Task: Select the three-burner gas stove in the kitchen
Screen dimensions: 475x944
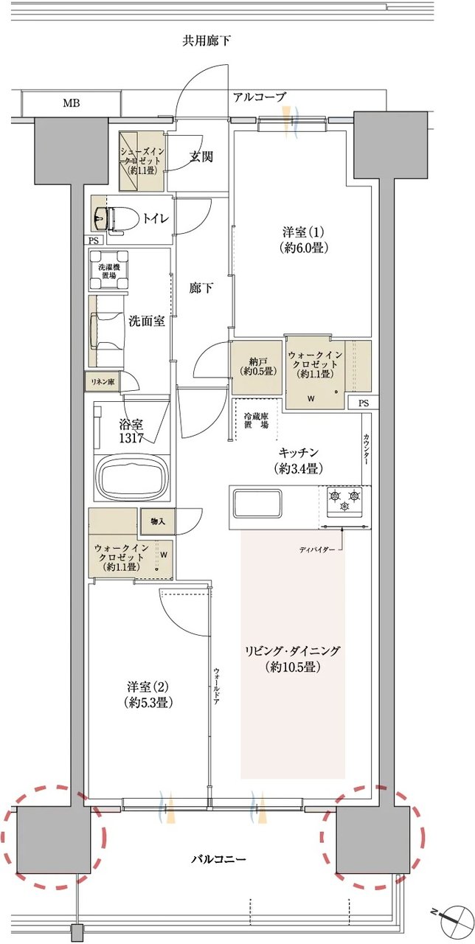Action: coord(344,501)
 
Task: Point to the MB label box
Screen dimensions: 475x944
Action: coord(72,103)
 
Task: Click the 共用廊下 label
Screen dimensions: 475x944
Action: coord(206,41)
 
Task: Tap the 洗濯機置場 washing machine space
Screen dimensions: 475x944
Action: coord(108,271)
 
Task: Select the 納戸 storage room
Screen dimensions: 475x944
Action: coord(257,367)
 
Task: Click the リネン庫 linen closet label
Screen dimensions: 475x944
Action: coord(103,381)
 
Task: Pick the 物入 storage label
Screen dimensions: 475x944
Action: coord(158,521)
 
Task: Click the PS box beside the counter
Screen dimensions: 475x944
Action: coord(364,403)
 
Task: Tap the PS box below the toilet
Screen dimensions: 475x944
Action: coord(94,240)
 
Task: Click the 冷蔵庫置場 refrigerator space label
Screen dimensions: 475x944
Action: coord(256,420)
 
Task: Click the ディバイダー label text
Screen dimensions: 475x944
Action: coord(317,549)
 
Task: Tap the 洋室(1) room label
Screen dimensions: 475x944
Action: coord(303,240)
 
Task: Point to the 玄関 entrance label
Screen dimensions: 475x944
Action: coord(201,157)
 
